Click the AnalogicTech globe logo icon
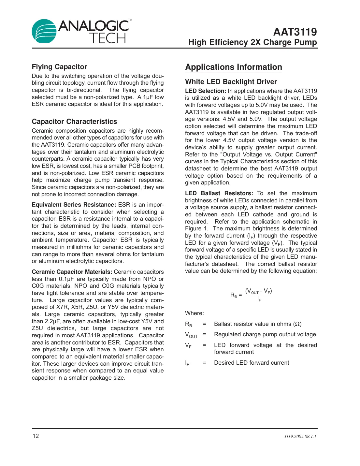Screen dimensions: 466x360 click(x=44, y=31)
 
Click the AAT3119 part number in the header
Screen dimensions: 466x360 click(x=295, y=32)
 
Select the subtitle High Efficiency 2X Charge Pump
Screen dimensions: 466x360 click(x=252, y=42)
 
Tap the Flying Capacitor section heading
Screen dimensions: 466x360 click(x=59, y=67)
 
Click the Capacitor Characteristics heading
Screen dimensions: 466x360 click(x=74, y=122)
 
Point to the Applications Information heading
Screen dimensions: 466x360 click(x=234, y=67)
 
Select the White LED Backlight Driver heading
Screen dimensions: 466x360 click(x=231, y=82)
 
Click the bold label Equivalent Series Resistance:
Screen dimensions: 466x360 click(x=74, y=205)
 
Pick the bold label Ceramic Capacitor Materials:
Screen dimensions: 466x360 click(x=72, y=272)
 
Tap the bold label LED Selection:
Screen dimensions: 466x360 click(x=206, y=91)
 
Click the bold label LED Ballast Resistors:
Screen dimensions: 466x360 click(x=219, y=193)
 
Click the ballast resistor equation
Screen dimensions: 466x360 click(x=251, y=294)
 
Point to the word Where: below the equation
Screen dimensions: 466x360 click(x=194, y=313)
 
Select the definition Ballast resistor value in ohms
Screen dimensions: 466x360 click(x=257, y=324)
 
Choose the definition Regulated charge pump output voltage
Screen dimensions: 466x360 click(x=265, y=334)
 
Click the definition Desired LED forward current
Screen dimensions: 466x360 click(x=252, y=363)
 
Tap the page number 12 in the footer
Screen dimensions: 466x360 click(x=36, y=436)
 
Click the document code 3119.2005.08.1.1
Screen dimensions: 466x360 click(x=300, y=436)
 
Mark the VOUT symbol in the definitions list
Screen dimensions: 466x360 click(x=191, y=335)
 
